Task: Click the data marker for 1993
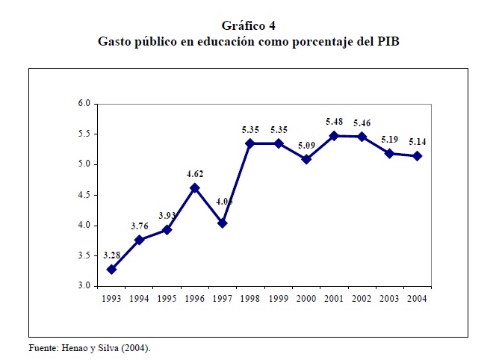pyautogui.click(x=111, y=269)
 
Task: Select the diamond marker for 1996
pyautogui.click(x=195, y=187)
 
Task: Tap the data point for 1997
pyautogui.click(x=223, y=223)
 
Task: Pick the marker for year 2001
pyautogui.click(x=334, y=135)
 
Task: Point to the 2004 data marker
pyautogui.click(x=417, y=156)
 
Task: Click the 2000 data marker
pyautogui.click(x=306, y=159)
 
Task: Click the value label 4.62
pyautogui.click(x=195, y=174)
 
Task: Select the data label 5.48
pyautogui.click(x=334, y=122)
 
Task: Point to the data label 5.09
pyautogui.click(x=306, y=146)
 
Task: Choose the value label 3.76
pyautogui.click(x=139, y=226)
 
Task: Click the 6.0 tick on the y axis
pyautogui.click(x=84, y=103)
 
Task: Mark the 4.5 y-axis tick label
pyautogui.click(x=84, y=195)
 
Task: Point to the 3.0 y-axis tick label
pyautogui.click(x=84, y=286)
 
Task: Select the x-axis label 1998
pyautogui.click(x=250, y=298)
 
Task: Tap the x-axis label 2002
pyautogui.click(x=362, y=298)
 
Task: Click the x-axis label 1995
pyautogui.click(x=167, y=298)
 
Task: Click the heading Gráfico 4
pyautogui.click(x=249, y=26)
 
